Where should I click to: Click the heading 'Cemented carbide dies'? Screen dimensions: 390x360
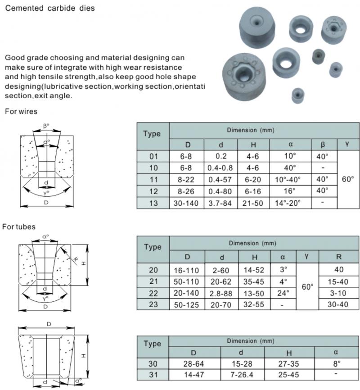coord(50,8)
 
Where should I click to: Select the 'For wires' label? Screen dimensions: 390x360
coord(21,111)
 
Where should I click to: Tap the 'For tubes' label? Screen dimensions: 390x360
coord(19,227)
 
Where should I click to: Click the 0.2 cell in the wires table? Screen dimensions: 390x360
coord(221,156)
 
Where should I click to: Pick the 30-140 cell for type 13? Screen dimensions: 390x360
coord(186,203)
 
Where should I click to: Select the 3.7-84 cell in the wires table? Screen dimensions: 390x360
coord(221,203)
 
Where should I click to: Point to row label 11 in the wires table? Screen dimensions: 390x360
coord(154,179)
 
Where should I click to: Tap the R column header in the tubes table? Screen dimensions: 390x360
coord(338,257)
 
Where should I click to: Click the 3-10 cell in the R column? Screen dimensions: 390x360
coord(338,293)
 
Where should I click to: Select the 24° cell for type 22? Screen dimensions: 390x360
coord(283,293)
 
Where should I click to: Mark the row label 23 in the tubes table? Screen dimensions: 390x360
coord(153,304)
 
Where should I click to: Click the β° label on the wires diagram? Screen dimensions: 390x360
coord(46,126)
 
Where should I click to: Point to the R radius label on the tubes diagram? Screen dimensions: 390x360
coord(75,260)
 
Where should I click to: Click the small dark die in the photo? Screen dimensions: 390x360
coord(319,57)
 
